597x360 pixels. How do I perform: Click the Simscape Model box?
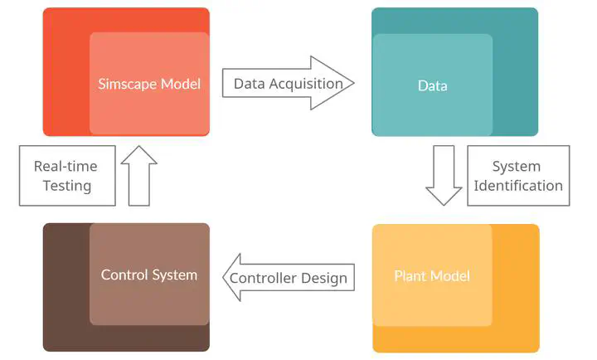coord(126,71)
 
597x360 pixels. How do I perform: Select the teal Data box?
coord(454,72)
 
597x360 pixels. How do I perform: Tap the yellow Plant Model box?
coord(455,288)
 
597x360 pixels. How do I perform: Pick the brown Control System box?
coord(126,287)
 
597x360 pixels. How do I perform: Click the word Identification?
coord(517,186)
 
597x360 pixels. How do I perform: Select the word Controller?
coord(264,278)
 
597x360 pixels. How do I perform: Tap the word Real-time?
coord(66,166)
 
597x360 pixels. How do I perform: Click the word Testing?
coord(66,186)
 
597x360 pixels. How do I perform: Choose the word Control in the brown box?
coord(125,275)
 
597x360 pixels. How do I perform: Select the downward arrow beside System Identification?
coord(444,175)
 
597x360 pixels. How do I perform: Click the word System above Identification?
coord(517,166)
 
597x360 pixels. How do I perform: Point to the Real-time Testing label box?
coord(66,176)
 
